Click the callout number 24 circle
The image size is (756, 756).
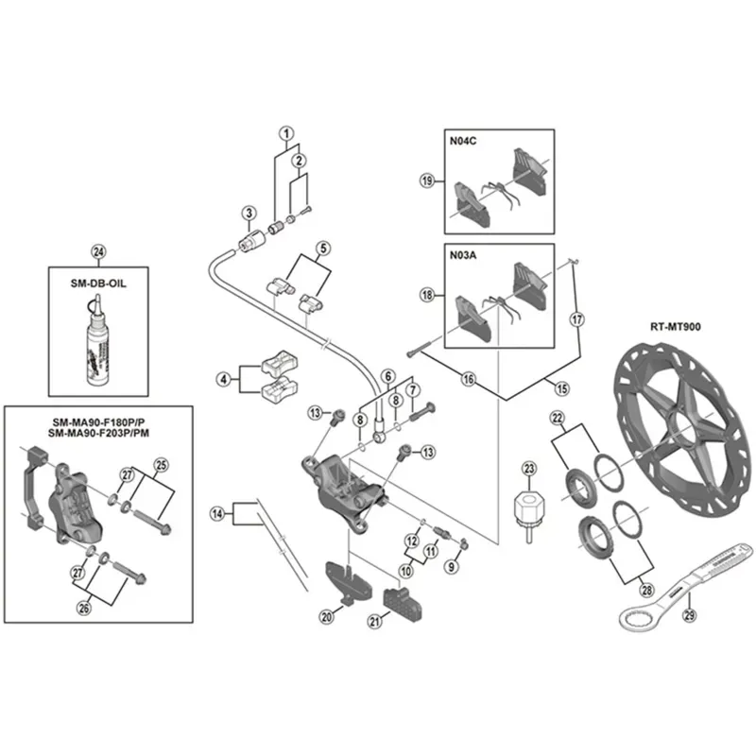pyautogui.click(x=96, y=251)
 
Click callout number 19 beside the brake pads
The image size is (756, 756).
pyautogui.click(x=427, y=180)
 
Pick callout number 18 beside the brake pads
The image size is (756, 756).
pyautogui.click(x=427, y=296)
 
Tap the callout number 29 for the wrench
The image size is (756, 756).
pyautogui.click(x=689, y=615)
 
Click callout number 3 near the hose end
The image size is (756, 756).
pyautogui.click(x=249, y=212)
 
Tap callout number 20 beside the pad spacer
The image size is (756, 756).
pyautogui.click(x=326, y=617)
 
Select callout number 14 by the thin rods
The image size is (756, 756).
pyautogui.click(x=218, y=514)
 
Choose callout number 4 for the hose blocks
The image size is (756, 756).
pyautogui.click(x=223, y=380)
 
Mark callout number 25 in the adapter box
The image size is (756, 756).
pyautogui.click(x=160, y=464)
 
